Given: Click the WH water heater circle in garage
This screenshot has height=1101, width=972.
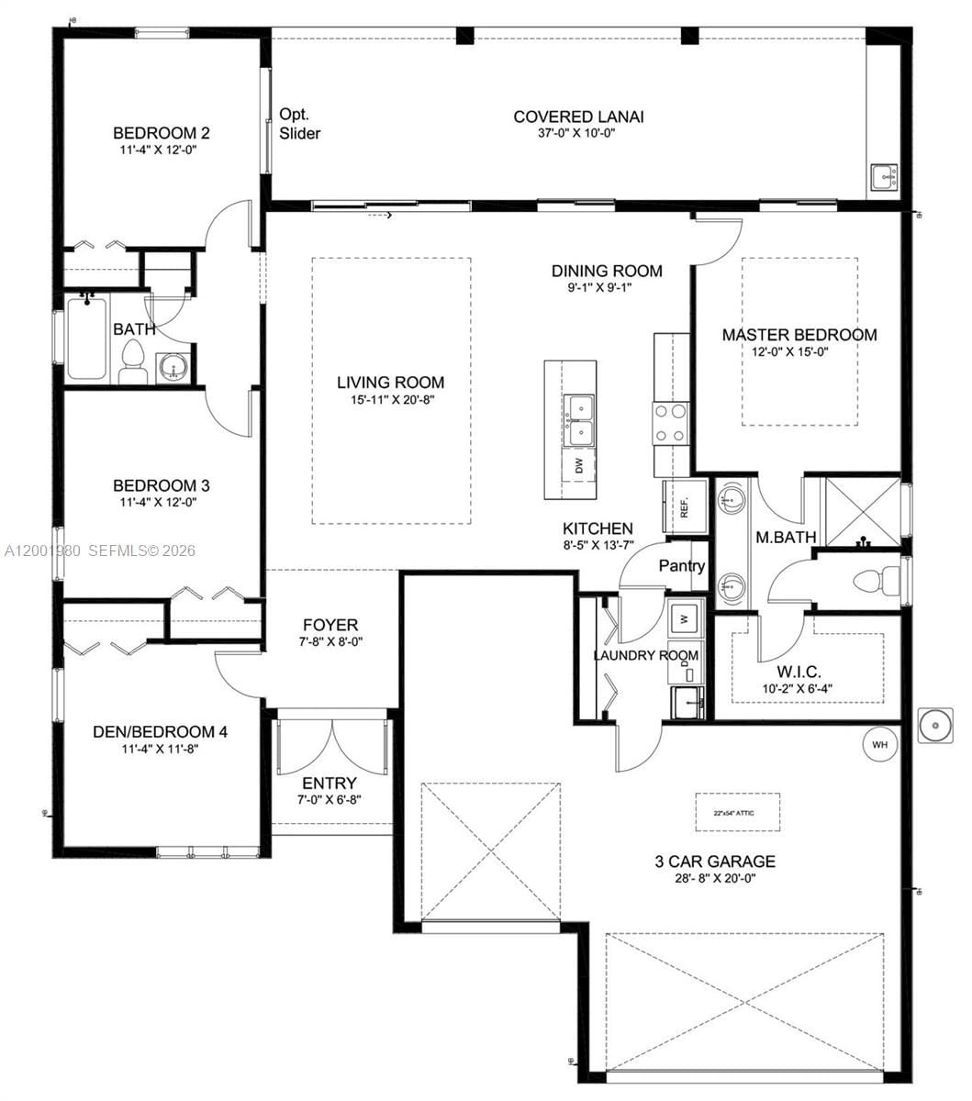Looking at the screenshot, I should click(x=879, y=744).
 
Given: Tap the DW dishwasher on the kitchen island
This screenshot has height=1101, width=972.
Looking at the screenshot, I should click(x=579, y=466).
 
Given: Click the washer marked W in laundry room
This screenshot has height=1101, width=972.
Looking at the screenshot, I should click(x=684, y=617).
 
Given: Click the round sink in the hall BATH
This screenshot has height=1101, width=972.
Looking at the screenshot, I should click(x=172, y=369).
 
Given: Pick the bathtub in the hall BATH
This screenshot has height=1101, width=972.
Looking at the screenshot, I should click(x=86, y=337).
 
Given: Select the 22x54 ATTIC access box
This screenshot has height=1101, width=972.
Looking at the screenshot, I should click(x=737, y=812).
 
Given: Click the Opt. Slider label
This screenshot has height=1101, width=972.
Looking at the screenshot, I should click(x=299, y=124).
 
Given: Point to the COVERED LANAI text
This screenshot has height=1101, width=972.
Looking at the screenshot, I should click(x=578, y=117).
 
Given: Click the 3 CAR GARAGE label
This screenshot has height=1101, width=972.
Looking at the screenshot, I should click(x=714, y=862).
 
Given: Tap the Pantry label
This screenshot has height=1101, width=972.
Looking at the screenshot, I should click(x=681, y=566).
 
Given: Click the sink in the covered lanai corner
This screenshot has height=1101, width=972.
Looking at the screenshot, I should click(x=884, y=176).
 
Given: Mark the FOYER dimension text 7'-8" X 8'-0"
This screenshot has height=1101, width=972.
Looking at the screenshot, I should click(x=330, y=642).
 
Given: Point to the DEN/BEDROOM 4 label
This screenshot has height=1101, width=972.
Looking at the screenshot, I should click(x=160, y=731).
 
